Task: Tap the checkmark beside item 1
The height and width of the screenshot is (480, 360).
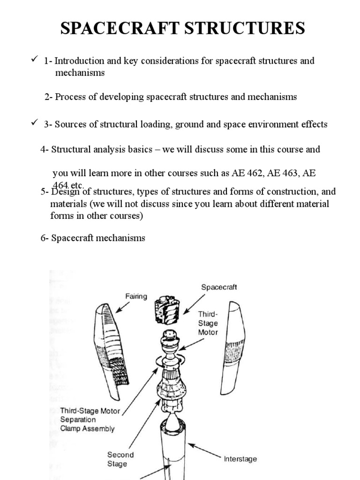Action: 34,60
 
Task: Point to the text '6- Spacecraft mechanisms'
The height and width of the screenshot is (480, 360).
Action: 93,238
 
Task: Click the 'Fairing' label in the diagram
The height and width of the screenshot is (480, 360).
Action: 136,296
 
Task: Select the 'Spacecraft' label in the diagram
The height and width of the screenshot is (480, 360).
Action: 219,287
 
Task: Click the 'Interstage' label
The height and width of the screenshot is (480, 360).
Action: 240,459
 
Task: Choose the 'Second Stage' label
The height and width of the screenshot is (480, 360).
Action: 120,459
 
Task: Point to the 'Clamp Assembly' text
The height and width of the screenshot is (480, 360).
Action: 87,428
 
